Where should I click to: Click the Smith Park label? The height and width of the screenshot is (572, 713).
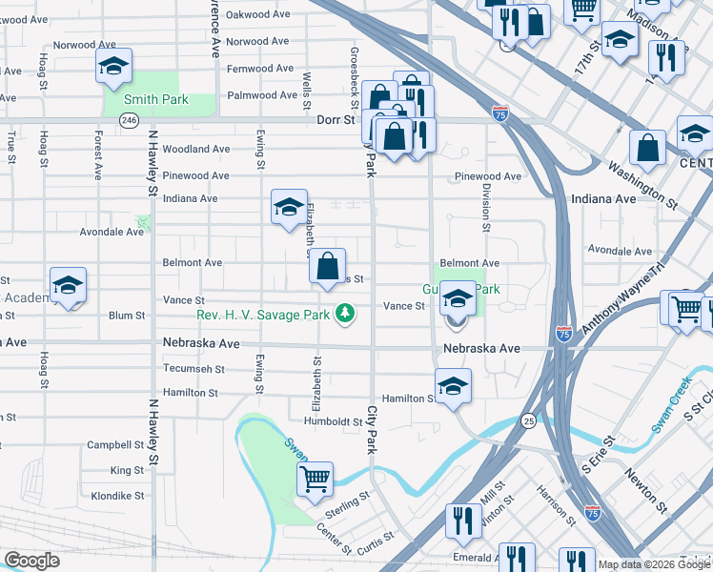(x=159, y=99)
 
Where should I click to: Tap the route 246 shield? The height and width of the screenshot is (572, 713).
(x=130, y=120)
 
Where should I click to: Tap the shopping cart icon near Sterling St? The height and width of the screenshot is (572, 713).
(x=315, y=478)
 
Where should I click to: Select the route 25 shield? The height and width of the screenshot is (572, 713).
(x=528, y=420)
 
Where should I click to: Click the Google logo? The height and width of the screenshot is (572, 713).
(x=31, y=561)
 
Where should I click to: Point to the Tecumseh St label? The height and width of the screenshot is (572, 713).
(x=193, y=369)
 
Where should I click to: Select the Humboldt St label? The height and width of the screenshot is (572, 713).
(x=334, y=420)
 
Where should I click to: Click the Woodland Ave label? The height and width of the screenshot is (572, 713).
(x=195, y=149)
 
